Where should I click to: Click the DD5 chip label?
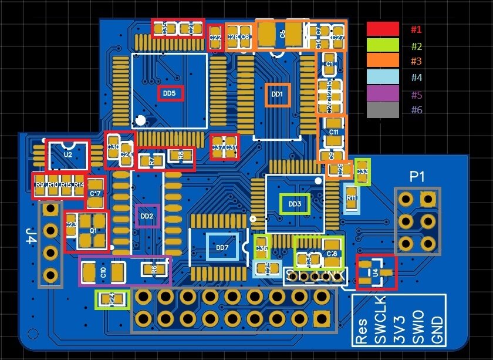[170, 93]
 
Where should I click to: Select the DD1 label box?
[278, 94]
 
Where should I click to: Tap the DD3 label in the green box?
[295, 204]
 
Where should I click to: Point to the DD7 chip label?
[222, 247]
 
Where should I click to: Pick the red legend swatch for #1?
[383, 29]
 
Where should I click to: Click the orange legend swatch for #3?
[383, 61]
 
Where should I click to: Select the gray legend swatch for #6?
[383, 110]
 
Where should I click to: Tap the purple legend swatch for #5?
[383, 94]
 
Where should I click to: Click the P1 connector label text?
[417, 176]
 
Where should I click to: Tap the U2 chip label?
[67, 154]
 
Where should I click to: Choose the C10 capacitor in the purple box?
[103, 271]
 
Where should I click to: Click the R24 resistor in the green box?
[112, 299]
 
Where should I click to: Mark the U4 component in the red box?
[376, 272]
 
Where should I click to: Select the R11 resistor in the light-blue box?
[352, 198]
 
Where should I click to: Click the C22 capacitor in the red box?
[215, 38]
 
